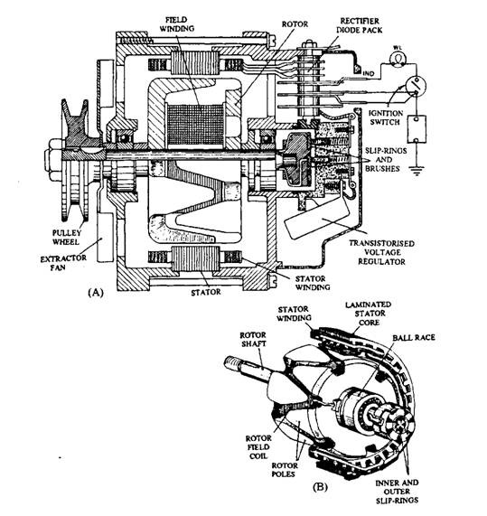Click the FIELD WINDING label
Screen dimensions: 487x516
(177, 24)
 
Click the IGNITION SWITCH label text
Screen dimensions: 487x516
(385, 117)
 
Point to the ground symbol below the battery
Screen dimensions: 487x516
(416, 171)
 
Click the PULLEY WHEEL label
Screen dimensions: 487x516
(67, 238)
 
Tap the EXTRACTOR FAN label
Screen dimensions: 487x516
(63, 263)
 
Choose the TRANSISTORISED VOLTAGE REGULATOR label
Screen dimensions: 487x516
(381, 252)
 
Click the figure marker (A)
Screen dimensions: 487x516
(96, 292)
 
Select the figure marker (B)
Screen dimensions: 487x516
(320, 486)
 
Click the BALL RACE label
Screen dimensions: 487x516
(414, 337)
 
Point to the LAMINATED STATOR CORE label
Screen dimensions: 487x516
(369, 314)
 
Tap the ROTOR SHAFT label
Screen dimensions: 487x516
(253, 339)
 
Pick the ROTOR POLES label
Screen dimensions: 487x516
(285, 470)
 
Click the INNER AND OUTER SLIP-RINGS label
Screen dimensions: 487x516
(398, 492)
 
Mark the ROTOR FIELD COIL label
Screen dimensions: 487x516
(258, 447)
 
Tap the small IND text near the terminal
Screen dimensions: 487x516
(369, 74)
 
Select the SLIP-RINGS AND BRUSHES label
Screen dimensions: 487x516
(386, 160)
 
